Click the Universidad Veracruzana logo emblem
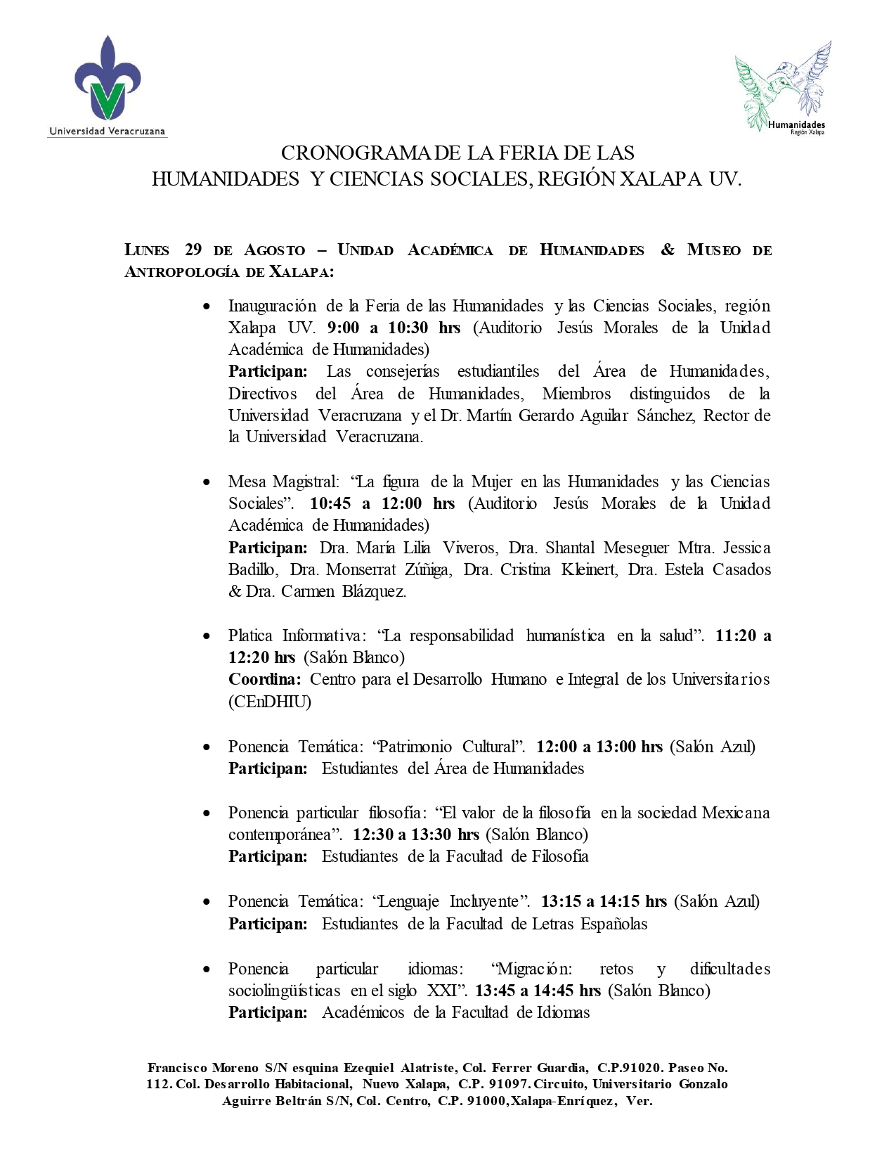(x=108, y=81)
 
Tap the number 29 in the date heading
(x=193, y=250)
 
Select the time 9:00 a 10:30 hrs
(x=394, y=328)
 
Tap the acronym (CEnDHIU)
(x=270, y=702)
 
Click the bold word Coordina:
(x=265, y=679)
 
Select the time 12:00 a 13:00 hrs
(x=599, y=747)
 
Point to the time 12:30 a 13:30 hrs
(x=416, y=834)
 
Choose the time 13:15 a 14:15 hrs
(x=604, y=901)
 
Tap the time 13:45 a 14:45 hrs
(x=538, y=991)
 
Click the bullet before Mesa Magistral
(x=207, y=482)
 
